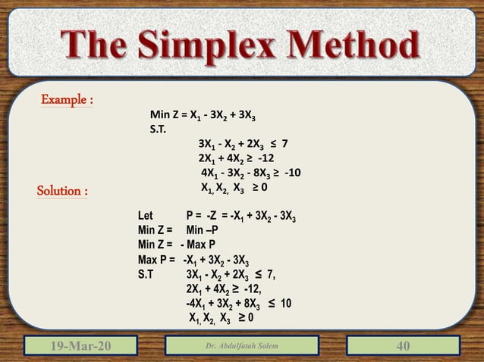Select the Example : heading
(67, 101)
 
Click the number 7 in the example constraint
(284, 143)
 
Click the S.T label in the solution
(148, 274)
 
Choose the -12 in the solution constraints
(250, 289)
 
